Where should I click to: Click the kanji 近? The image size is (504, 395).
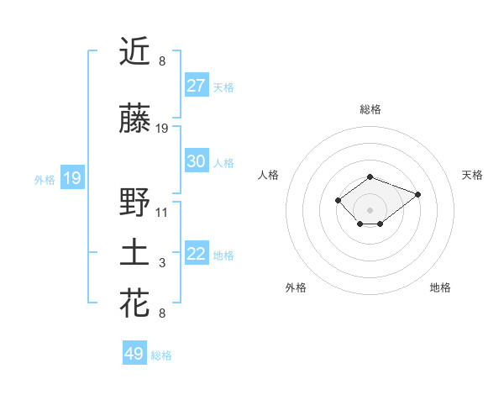point(134,52)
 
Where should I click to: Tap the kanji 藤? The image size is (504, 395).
point(134,119)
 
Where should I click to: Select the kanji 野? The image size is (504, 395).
point(134,203)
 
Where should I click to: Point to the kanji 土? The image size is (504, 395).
point(134,254)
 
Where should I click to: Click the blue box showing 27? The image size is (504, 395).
point(197,85)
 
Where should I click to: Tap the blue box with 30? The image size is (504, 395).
point(197,161)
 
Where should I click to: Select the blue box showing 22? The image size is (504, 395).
point(197,254)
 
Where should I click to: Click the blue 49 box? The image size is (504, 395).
point(134,354)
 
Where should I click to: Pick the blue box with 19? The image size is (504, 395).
point(72,178)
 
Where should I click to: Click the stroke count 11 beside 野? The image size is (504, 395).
point(162,212)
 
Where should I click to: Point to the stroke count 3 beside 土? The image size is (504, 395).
point(162,263)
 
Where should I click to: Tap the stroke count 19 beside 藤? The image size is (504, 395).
point(162,129)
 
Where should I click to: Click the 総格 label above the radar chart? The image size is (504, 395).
point(370,109)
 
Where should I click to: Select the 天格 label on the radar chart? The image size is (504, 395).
point(472,175)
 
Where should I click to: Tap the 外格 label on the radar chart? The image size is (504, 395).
point(296,287)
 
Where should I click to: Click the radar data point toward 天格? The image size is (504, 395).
point(417,194)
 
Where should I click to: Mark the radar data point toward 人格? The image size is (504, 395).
point(338,200)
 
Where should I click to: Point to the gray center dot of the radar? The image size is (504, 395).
point(370,210)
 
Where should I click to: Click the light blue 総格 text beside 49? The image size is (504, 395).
point(161,355)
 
